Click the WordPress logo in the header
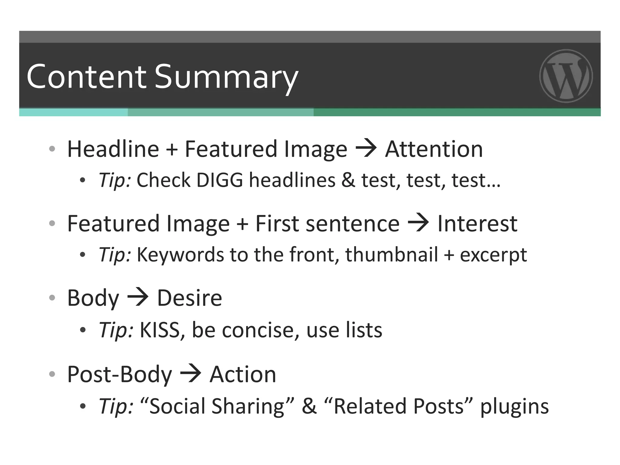click(x=566, y=76)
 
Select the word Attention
click(x=434, y=149)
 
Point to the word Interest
click(x=477, y=224)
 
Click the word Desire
click(x=190, y=298)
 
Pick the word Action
click(x=243, y=374)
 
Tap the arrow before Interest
click(x=418, y=223)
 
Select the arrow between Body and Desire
click(x=138, y=297)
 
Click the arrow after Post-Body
click(x=191, y=374)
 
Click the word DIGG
click(x=220, y=180)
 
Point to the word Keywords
click(x=180, y=255)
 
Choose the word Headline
click(x=113, y=149)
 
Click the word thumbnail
click(x=392, y=255)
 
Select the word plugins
click(x=514, y=407)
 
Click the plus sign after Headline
click(x=172, y=150)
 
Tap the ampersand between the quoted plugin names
click(x=309, y=406)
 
